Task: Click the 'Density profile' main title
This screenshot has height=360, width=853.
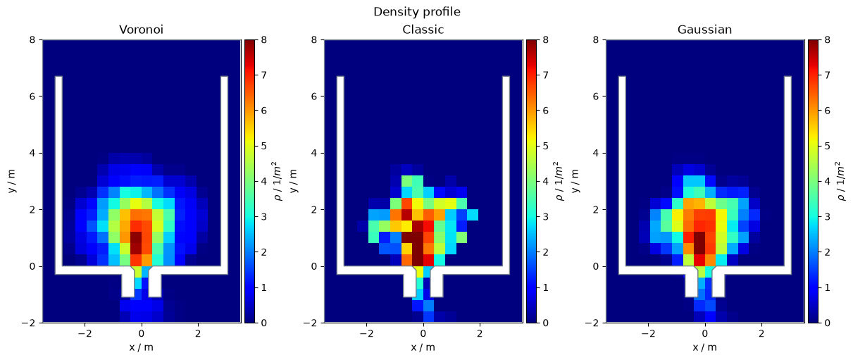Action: coord(416,12)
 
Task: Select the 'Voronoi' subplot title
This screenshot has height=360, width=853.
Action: coord(142,30)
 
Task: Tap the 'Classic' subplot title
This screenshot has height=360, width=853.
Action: coord(423,30)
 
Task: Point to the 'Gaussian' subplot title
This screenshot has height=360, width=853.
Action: coord(704,30)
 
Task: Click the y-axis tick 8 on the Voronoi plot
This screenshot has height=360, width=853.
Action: coord(32,39)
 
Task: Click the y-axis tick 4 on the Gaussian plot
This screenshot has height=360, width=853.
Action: coord(596,153)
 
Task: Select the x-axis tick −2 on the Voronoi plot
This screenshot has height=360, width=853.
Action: coord(85,334)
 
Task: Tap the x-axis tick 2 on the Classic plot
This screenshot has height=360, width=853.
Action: coord(480,334)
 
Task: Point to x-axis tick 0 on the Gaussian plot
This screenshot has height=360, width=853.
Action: coord(705,334)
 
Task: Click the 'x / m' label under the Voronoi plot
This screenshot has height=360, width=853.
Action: coord(142,347)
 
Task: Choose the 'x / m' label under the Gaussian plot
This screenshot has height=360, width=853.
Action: coord(705,347)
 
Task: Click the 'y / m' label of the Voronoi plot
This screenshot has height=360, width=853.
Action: coord(12,181)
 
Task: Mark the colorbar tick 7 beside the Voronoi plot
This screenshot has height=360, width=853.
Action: coord(263,75)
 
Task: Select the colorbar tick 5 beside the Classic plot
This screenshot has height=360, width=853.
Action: coord(545,146)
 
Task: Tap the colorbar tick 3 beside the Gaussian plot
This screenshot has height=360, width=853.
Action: coord(827,217)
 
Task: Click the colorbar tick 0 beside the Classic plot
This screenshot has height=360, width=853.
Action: coord(545,323)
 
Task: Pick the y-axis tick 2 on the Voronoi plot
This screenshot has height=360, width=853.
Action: coord(32,210)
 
